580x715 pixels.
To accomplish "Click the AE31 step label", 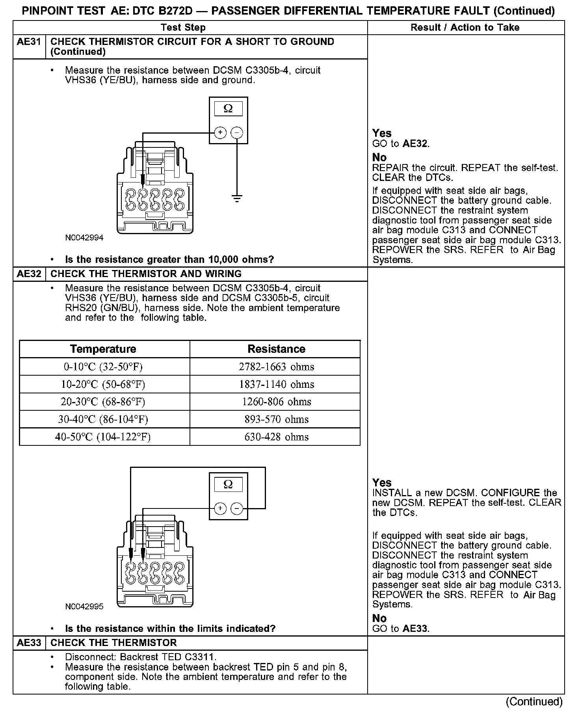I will (29, 42).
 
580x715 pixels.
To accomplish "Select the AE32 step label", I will (29, 274).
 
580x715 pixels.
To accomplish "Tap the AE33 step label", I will (29, 643).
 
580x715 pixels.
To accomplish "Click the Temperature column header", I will (103, 349).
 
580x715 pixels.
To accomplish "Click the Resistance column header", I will (276, 349).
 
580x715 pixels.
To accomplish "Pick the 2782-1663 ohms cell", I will (276, 367).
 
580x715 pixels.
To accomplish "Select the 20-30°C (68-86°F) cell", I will (103, 402).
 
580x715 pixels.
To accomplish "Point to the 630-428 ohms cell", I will (276, 437).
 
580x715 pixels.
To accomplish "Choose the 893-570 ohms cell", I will (276, 419).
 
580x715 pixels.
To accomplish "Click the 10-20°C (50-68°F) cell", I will (103, 384).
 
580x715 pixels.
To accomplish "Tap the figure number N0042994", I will (84, 238).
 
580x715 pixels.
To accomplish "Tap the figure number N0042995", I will (84, 607).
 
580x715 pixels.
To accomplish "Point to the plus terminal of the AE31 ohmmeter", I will (220, 133).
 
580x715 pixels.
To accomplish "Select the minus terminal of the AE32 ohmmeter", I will (237, 509).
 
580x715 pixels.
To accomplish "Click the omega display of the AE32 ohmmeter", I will (228, 484).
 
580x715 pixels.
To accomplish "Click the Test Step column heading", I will (183, 28).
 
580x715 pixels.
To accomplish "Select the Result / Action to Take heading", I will (465, 28).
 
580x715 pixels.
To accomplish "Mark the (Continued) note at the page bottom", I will (534, 702).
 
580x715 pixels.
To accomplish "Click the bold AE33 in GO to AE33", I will (415, 629).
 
